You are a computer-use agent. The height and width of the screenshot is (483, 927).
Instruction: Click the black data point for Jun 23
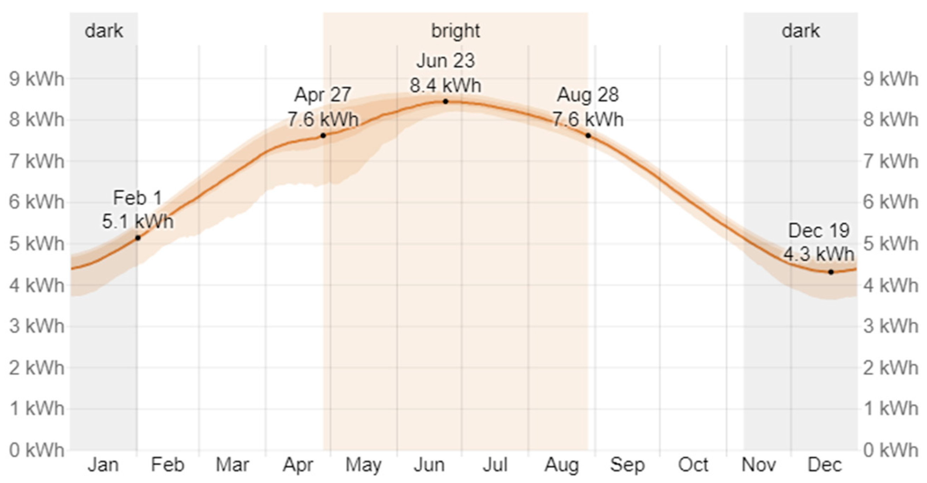[x=445, y=102]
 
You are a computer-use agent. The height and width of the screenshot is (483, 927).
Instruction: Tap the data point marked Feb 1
[x=137, y=238]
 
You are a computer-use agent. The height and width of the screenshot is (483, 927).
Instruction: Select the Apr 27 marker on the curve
[x=323, y=136]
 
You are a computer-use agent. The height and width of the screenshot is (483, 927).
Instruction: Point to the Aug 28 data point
[x=588, y=136]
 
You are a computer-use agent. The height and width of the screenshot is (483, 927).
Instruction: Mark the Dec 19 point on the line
[x=831, y=272]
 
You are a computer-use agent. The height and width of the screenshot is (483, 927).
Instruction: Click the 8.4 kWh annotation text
[x=445, y=86]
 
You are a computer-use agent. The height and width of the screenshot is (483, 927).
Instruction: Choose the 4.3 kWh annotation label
[x=819, y=255]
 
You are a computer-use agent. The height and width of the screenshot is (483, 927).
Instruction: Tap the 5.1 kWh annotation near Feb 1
[x=137, y=221]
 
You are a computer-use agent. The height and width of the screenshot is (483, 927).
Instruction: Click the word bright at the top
[x=456, y=31]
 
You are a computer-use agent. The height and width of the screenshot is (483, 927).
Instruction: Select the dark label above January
[x=104, y=31]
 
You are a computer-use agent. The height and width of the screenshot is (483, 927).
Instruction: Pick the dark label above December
[x=801, y=31]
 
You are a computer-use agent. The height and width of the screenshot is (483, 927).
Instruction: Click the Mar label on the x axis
[x=232, y=465]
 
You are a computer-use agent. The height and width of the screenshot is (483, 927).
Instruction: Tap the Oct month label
[x=693, y=465]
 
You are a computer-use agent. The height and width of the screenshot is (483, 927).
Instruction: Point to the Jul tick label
[x=495, y=465]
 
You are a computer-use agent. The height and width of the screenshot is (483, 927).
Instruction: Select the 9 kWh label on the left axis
[x=37, y=79]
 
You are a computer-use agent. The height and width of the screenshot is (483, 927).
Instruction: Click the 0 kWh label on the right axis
[x=891, y=450]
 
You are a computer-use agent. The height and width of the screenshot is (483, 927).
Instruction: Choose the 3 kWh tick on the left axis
[x=37, y=326]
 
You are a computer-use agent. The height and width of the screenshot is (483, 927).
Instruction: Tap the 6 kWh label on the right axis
[x=891, y=202]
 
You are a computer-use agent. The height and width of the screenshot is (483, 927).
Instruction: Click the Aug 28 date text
[x=588, y=95]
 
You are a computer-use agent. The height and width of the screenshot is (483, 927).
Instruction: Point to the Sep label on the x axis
[x=627, y=465]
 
